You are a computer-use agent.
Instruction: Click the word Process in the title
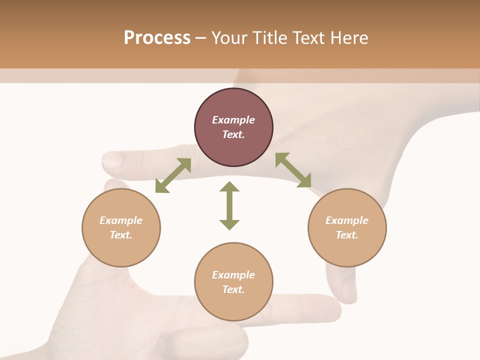(157, 38)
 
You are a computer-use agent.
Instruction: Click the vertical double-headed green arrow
(229, 205)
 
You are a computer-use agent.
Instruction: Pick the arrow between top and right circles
(293, 170)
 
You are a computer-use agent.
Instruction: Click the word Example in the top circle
(233, 120)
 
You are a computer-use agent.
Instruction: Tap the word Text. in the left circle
(121, 235)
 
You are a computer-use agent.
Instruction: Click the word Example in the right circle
(347, 220)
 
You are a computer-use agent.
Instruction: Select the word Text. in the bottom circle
(233, 289)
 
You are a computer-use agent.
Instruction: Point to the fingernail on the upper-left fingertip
(111, 160)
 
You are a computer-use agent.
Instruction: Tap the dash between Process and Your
(200, 38)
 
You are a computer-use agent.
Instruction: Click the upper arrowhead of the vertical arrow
(229, 187)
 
